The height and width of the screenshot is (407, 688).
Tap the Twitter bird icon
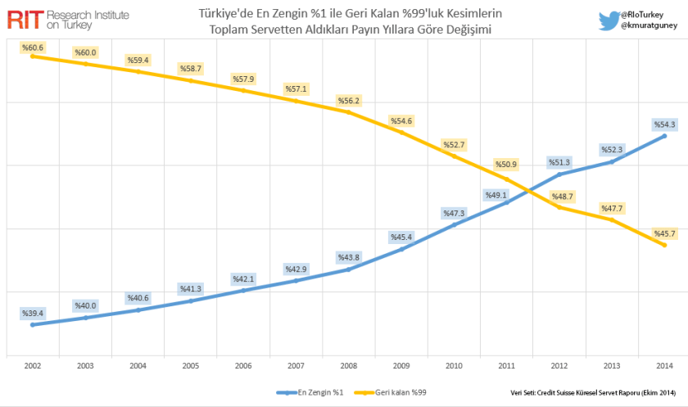tap(608, 20)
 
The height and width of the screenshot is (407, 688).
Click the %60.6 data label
tap(34, 47)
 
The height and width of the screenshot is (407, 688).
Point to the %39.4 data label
tap(34, 313)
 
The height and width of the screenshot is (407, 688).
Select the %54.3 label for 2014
tap(664, 124)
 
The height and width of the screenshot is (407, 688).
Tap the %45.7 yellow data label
tap(664, 233)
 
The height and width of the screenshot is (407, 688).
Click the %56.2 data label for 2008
tap(349, 101)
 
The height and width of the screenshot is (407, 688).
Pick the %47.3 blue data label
tap(454, 213)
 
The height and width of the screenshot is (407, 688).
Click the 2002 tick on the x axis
tap(33, 366)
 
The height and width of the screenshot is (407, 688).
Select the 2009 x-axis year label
tap(401, 366)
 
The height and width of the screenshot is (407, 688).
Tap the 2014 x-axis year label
tap(664, 366)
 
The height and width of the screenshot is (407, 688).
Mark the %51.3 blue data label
tap(559, 161)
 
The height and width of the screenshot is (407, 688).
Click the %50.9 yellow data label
tap(507, 165)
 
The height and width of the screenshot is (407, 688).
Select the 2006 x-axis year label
tap(243, 366)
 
